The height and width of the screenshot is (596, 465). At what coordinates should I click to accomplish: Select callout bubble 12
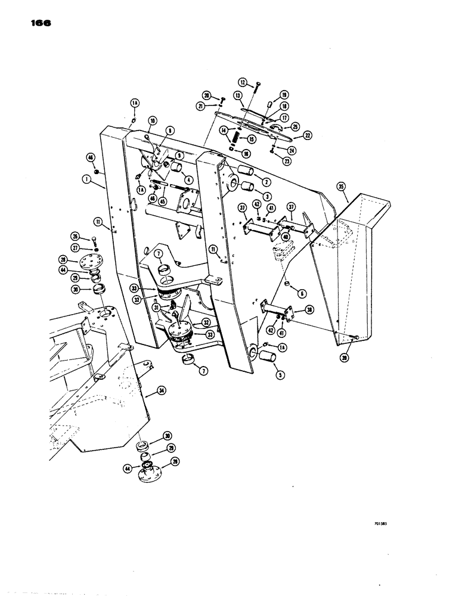[x=243, y=83]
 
